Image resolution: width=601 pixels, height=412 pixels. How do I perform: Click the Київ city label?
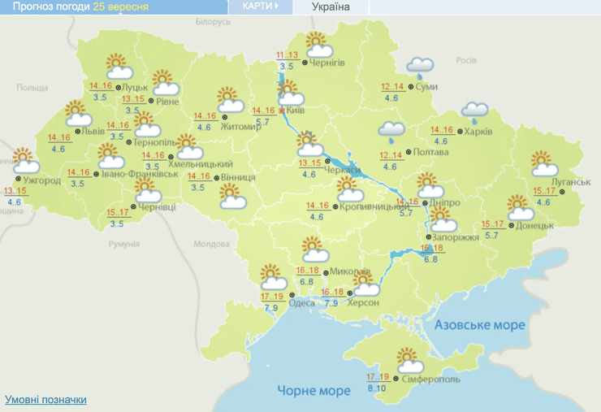[x=296, y=109]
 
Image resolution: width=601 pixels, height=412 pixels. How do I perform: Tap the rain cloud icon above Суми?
[x=420, y=65]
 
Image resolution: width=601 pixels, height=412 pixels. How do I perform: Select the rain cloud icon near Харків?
[x=474, y=111]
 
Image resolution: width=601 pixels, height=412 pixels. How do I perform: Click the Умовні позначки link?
[x=45, y=400]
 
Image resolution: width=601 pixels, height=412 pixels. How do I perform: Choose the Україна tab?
[x=331, y=7]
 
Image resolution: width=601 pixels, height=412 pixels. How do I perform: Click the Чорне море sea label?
[x=313, y=391]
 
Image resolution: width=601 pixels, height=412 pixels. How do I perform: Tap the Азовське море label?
[x=479, y=325]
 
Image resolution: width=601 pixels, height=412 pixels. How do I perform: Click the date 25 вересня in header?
[x=126, y=7]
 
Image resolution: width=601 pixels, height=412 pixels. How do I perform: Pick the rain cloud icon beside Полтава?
[x=392, y=129]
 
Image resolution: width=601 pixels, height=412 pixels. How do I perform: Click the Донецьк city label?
[x=534, y=225]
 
